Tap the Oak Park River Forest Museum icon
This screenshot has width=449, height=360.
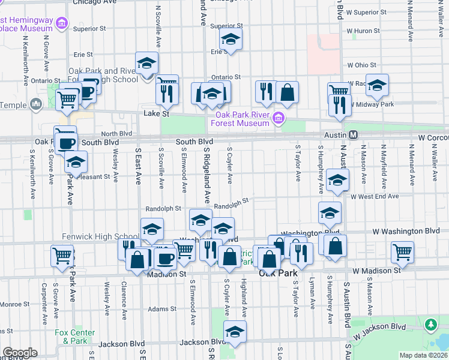[x=277, y=118]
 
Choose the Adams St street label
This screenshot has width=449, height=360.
[x=162, y=309]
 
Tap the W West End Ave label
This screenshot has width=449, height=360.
[x=375, y=196]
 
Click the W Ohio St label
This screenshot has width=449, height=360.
[x=361, y=65]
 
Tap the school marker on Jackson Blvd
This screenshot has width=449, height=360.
[x=235, y=331]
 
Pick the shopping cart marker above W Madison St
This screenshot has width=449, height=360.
[x=403, y=252]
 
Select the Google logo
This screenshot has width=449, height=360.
[x=20, y=353]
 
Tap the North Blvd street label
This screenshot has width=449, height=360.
[x=116, y=134]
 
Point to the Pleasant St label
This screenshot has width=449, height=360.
[x=99, y=177]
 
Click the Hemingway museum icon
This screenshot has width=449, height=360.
[x=61, y=23]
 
